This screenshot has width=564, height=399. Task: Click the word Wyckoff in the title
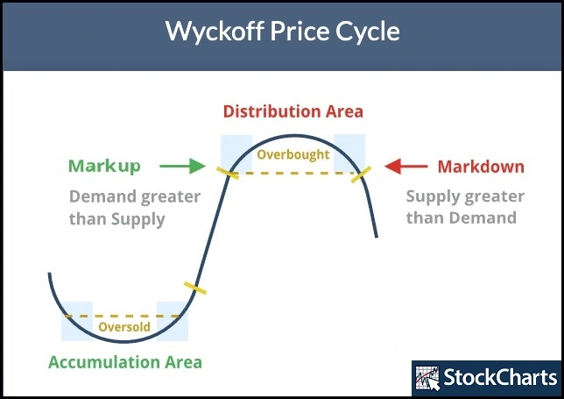214,31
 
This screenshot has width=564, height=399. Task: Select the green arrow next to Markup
182,166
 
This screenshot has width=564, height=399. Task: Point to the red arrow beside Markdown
406,166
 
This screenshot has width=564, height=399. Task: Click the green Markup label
104,166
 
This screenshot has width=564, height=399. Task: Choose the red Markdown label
481,167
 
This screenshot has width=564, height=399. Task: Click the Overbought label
293,154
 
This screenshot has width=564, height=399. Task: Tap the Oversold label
124,326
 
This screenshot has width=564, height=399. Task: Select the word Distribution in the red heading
272,111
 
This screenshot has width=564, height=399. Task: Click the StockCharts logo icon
427,378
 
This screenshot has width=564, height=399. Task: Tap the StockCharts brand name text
500,377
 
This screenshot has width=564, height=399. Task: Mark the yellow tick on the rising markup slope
195,289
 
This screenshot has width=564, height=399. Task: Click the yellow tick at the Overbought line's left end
228,174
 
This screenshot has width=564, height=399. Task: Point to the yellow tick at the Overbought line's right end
361,175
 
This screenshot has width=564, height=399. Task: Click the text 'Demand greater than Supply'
135,208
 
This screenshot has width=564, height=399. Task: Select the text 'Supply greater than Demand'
465,207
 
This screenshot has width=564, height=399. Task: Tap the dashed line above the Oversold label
123,317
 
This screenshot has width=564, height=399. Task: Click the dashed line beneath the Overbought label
294,174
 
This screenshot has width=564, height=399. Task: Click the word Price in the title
300,31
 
